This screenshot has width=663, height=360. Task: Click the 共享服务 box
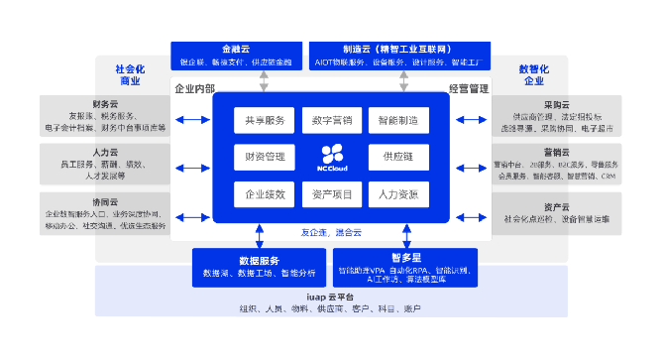coord(262,121)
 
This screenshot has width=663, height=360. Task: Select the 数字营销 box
coord(331,121)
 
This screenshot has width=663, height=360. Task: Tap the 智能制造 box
coord(398,121)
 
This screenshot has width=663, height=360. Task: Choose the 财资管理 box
coord(262,157)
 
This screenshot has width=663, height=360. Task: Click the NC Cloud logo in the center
coord(331,156)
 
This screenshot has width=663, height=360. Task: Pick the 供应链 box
coord(398,157)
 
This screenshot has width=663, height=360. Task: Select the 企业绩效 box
coord(262,194)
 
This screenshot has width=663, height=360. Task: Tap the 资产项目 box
coord(331,194)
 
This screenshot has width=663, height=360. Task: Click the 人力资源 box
coord(398,194)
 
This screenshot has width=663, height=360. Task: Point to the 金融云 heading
coord(235,49)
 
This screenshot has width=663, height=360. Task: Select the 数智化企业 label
coord(533,74)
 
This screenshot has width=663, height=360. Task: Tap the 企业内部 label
coord(194,88)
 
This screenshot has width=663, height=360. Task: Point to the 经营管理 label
coord(469,88)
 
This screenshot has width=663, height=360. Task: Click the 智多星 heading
coord(404,257)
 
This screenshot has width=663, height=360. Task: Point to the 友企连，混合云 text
coord(332,232)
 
